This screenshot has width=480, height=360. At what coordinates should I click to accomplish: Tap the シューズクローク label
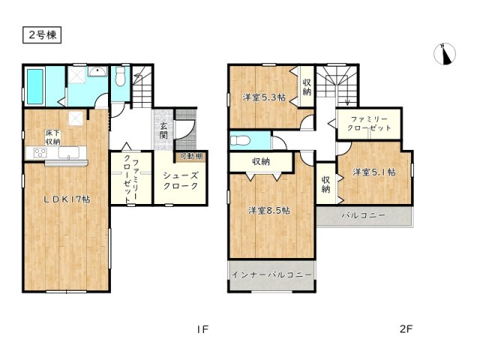(x=180, y=180)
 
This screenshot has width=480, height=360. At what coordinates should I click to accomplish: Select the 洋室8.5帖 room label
(x=270, y=210)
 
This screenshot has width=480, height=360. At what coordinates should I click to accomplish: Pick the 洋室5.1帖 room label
(x=373, y=172)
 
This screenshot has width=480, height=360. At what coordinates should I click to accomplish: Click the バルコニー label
(x=364, y=215)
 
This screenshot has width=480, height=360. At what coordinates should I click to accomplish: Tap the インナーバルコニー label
(x=270, y=276)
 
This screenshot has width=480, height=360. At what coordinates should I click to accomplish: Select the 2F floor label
(x=406, y=328)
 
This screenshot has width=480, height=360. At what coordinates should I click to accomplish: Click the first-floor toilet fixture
(x=121, y=77)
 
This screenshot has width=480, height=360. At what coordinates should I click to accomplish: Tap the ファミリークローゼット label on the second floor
(x=364, y=123)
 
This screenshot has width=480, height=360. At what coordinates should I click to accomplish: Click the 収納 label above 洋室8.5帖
(x=261, y=162)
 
